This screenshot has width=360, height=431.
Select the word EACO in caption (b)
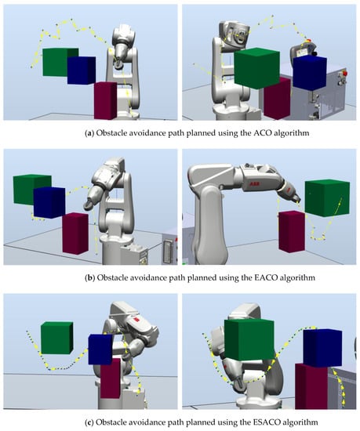264,277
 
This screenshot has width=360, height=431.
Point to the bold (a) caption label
89,133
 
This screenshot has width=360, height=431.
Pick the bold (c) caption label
89,422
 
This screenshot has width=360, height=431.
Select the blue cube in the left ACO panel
82,71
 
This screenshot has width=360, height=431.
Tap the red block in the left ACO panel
105,100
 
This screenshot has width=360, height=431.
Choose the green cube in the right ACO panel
256,68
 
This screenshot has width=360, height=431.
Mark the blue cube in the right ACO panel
310,73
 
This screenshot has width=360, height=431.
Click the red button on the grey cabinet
344,73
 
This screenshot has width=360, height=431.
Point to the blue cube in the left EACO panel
49,203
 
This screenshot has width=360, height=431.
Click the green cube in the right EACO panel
327,198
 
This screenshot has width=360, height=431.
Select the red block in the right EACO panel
292,231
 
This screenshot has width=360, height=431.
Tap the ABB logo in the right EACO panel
253,183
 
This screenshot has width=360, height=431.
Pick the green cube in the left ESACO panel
57,338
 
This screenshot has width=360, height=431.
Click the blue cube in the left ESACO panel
100,350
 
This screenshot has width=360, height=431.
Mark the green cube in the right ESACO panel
249,340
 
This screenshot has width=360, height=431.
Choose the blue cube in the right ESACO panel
322,348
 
